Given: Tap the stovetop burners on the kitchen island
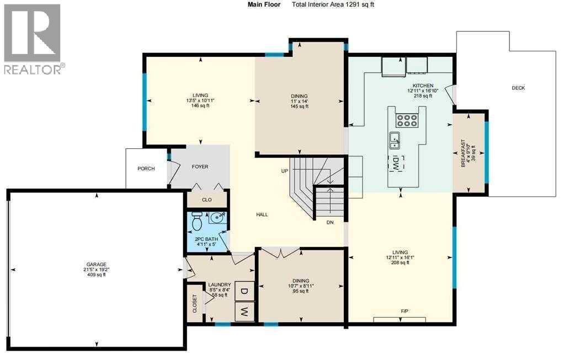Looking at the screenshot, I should [407, 120].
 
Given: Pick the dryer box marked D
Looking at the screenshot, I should [244, 290].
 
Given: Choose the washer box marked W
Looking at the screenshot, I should [244, 312].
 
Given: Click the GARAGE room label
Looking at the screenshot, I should [96, 264].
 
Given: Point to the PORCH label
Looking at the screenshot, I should [146, 169].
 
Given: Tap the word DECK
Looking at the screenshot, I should [518, 88].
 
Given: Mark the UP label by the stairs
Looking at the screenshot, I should [285, 171].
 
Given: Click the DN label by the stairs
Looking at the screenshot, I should [330, 223].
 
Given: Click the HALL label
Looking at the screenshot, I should [262, 214].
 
